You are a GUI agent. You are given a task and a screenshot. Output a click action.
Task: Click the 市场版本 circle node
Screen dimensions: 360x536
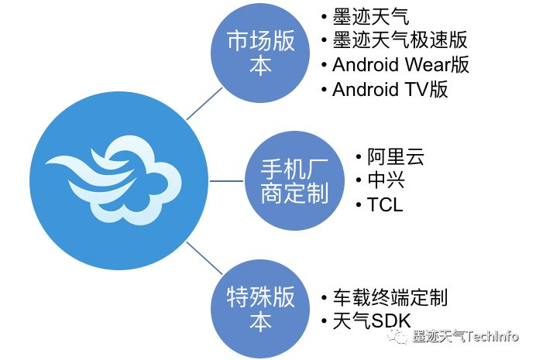tap(261, 52)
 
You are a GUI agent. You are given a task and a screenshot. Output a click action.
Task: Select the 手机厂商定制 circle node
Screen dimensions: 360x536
tap(283, 180)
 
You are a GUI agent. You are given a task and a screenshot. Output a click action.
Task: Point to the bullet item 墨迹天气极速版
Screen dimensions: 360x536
tap(400, 39)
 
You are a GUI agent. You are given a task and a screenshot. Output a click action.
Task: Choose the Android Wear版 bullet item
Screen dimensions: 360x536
tap(400, 64)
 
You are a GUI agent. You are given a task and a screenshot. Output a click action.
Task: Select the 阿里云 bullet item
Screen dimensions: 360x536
tap(395, 158)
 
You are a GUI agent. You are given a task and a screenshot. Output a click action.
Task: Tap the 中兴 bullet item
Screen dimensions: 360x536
tap(384, 181)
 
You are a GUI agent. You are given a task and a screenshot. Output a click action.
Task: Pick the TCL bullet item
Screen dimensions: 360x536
tap(384, 205)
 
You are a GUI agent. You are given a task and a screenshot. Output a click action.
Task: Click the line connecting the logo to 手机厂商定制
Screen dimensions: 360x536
tap(227, 180)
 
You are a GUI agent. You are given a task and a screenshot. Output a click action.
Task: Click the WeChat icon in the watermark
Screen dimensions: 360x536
tap(400, 337)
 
